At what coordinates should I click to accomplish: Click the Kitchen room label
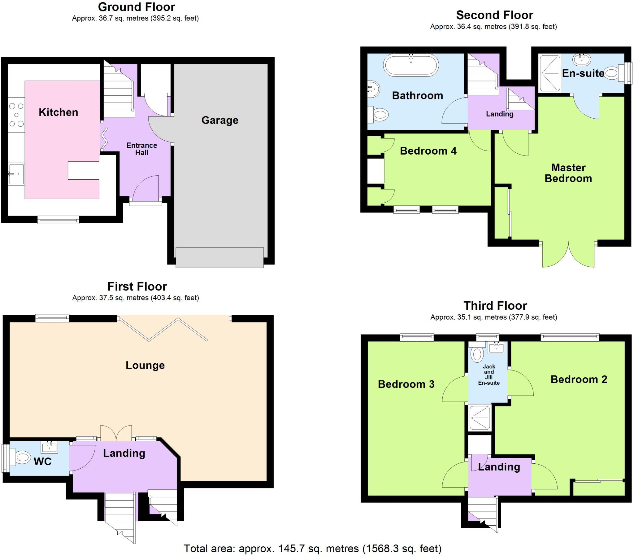coord(58,112)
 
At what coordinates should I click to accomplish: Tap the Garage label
coord(220,120)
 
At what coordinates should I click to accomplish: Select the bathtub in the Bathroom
coord(411,65)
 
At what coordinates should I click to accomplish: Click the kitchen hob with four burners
coord(16,115)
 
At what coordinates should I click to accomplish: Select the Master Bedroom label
coord(568,173)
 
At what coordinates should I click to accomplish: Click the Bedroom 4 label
coord(428,151)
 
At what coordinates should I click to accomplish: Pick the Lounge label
coord(145,365)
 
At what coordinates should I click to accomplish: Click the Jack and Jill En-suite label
coord(489,374)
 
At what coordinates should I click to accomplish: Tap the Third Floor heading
coord(495,306)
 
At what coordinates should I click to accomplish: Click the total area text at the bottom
coord(312,548)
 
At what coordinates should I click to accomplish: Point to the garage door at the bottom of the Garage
coord(219,257)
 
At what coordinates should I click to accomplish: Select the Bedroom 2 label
coord(579,379)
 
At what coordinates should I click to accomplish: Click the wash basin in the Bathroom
coord(374,89)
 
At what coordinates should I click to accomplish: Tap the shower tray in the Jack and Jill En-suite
coord(480,418)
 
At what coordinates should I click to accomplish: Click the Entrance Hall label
coord(142,149)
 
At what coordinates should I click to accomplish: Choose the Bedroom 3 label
coord(406,384)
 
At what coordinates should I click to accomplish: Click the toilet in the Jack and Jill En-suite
coord(477,354)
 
